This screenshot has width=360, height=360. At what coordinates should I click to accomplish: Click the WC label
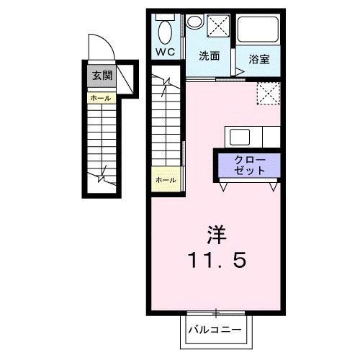(x=167, y=53)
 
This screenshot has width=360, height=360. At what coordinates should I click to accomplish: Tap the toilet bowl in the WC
(x=166, y=32)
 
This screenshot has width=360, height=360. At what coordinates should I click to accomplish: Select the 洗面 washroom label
(x=210, y=55)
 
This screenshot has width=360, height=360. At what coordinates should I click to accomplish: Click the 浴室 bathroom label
(x=259, y=59)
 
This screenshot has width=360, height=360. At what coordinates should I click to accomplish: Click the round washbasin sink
(x=194, y=23)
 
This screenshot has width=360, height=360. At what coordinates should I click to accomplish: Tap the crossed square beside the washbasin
(x=217, y=25)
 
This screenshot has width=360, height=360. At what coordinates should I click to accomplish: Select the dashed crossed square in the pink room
(x=269, y=93)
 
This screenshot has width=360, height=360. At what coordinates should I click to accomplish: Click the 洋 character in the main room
(x=217, y=234)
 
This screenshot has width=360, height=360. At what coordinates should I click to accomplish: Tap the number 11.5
(x=217, y=259)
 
